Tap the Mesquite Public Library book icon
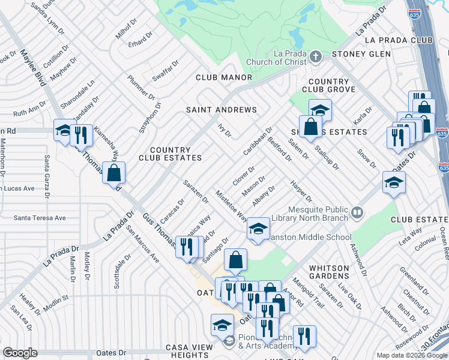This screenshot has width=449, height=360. coord(357,212)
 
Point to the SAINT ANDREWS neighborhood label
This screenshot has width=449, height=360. coord(221,110)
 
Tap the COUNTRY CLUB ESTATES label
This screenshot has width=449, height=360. coord(170,154)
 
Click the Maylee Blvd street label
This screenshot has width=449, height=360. coord(34,68)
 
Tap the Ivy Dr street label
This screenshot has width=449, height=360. coord(224,130)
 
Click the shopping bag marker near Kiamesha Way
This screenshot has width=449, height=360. coord(113,173)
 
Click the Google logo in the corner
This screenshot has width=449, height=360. coord(20,353)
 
